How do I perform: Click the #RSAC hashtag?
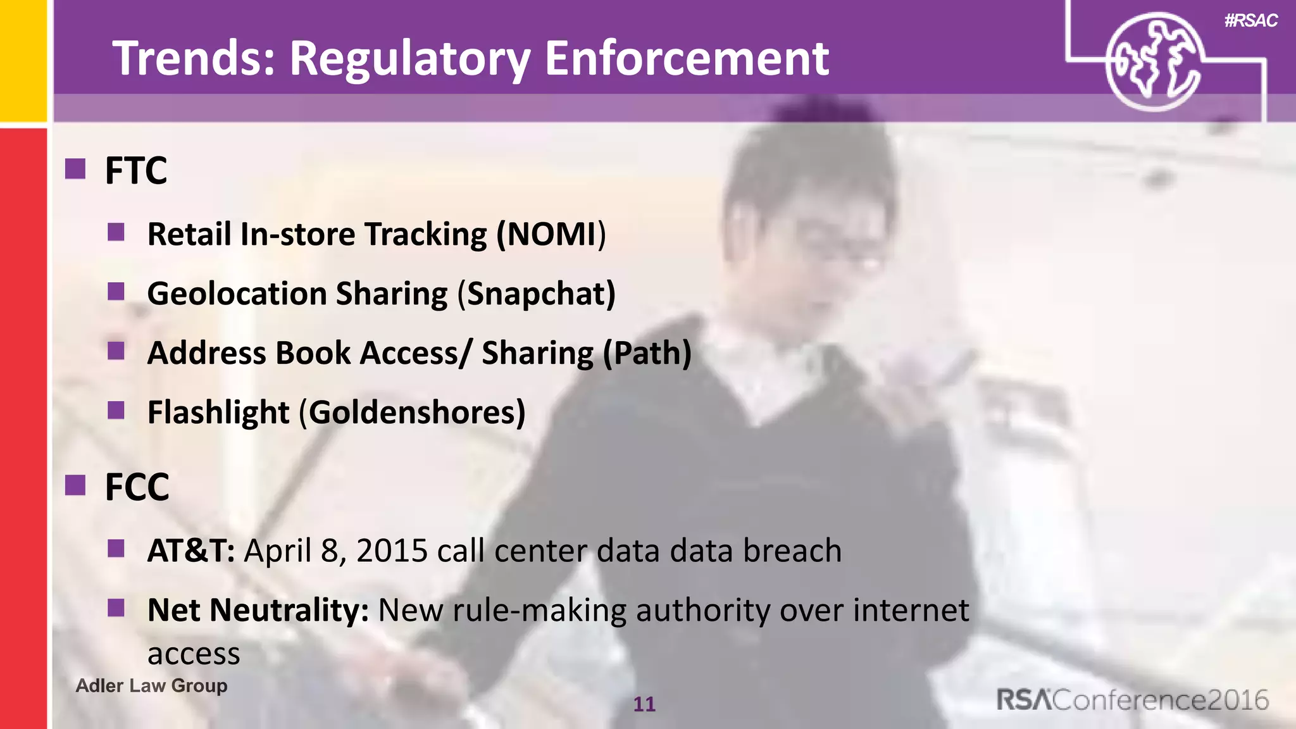tap(1250, 21)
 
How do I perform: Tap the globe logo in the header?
tap(1153, 62)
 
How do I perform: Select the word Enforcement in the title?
tap(686, 58)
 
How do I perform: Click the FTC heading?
tap(136, 171)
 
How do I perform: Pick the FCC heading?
tap(137, 487)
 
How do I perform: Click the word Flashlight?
tap(218, 413)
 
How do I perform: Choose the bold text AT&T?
tap(191, 551)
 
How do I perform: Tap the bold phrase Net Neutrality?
tap(258, 610)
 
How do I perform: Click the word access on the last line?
tap(194, 654)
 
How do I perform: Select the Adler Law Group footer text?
tap(151, 685)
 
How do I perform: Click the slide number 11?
tap(644, 704)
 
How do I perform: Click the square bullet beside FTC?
tap(75, 169)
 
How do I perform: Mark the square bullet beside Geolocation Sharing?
tap(116, 292)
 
